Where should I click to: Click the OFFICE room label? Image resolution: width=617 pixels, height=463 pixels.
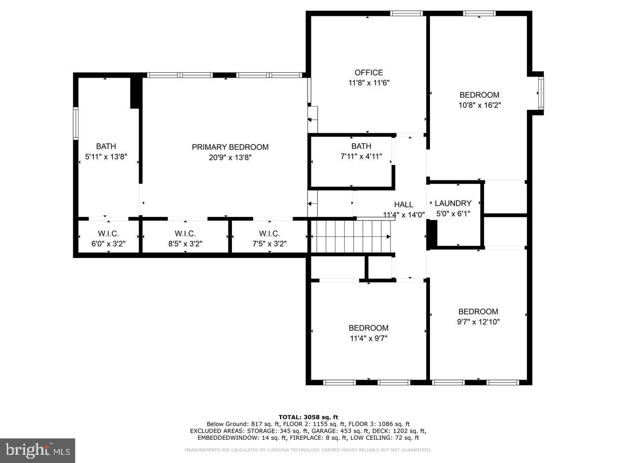click(x=369, y=72)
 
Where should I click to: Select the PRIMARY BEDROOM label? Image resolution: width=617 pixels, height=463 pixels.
click(x=230, y=147)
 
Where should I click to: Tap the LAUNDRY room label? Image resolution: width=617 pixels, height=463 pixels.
click(x=453, y=204)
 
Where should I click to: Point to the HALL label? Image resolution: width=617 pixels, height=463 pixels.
click(x=403, y=204)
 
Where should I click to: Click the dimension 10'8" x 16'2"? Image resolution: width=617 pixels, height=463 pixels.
click(x=479, y=105)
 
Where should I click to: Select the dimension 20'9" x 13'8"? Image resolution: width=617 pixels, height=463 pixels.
click(x=230, y=157)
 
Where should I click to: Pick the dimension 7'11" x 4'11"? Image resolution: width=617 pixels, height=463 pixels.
click(x=361, y=156)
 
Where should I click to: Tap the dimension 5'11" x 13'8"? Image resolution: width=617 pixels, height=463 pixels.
click(x=106, y=156)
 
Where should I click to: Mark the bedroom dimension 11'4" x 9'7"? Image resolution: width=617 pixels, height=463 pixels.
click(x=368, y=339)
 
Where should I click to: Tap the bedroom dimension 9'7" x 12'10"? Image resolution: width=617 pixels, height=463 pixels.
click(x=478, y=322)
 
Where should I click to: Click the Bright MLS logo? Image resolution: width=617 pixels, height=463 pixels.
click(x=37, y=450)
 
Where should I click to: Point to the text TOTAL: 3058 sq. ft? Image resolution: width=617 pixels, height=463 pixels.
click(x=308, y=417)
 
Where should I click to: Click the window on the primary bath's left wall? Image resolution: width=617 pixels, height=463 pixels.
click(x=76, y=124)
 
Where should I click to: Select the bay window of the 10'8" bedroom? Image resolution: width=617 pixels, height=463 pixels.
click(x=541, y=93)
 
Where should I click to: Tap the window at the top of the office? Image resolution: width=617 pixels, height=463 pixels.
click(x=406, y=14)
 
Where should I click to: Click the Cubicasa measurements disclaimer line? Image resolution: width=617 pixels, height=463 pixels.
click(x=308, y=450)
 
